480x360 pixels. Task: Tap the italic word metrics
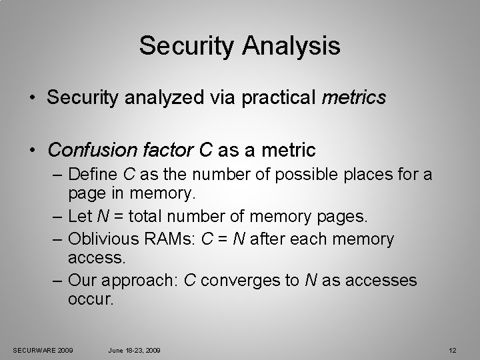(x=353, y=98)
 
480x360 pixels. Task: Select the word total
(x=166, y=217)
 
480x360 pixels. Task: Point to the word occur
(x=91, y=300)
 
